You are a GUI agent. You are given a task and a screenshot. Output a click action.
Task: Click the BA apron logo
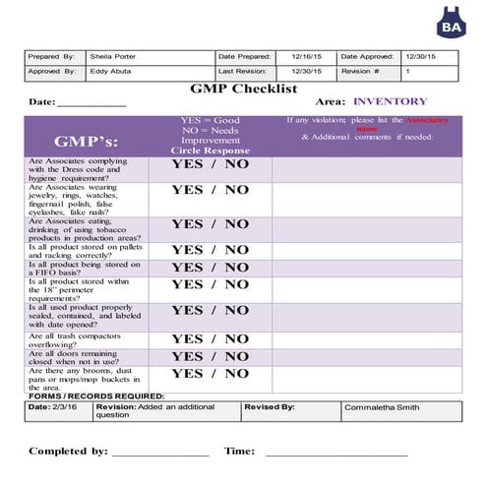[x=452, y=21]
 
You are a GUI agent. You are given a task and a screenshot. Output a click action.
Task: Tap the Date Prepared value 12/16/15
[x=308, y=57]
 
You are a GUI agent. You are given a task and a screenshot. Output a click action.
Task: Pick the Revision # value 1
[x=408, y=72]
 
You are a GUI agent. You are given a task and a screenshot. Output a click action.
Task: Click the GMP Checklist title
[x=244, y=89]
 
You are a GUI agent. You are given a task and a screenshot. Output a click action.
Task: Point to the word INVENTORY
[x=390, y=101]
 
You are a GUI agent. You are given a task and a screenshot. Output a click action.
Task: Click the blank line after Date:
[x=91, y=103]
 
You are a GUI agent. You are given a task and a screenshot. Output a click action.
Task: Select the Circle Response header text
[x=211, y=152]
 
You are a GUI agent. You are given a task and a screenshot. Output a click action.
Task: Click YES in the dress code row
[x=187, y=164]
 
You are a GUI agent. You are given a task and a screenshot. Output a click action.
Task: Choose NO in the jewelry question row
[x=236, y=191]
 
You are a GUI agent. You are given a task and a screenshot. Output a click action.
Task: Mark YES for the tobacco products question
[x=187, y=224]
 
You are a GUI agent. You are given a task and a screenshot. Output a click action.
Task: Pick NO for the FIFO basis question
[x=236, y=267]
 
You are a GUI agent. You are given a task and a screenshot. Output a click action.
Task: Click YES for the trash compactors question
[x=187, y=338]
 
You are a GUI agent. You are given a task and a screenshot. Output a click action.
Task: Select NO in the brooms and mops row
[x=236, y=373]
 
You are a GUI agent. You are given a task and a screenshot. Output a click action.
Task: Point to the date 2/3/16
[x=68, y=406]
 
